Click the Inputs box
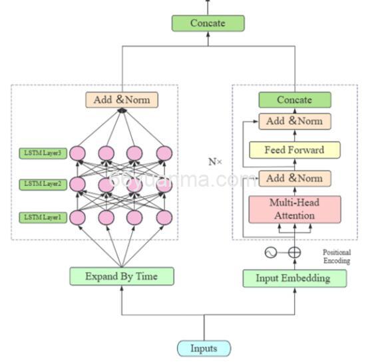(x=204, y=348)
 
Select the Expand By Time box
(x=122, y=276)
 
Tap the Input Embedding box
(x=294, y=278)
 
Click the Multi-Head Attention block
(x=294, y=209)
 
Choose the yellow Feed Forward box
(x=294, y=150)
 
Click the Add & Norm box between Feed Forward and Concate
(x=294, y=122)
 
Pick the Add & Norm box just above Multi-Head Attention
(x=294, y=179)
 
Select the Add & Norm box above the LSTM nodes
(x=122, y=100)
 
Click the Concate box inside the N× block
(x=294, y=100)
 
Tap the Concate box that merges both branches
(x=208, y=23)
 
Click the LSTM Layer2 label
(x=43, y=184)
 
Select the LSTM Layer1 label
(x=43, y=217)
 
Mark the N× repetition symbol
(x=215, y=161)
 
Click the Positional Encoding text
(x=337, y=256)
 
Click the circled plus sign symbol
(x=294, y=253)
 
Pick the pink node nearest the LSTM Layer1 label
(x=78, y=217)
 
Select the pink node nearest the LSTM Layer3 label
(x=78, y=153)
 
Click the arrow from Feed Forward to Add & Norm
(x=294, y=136)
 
